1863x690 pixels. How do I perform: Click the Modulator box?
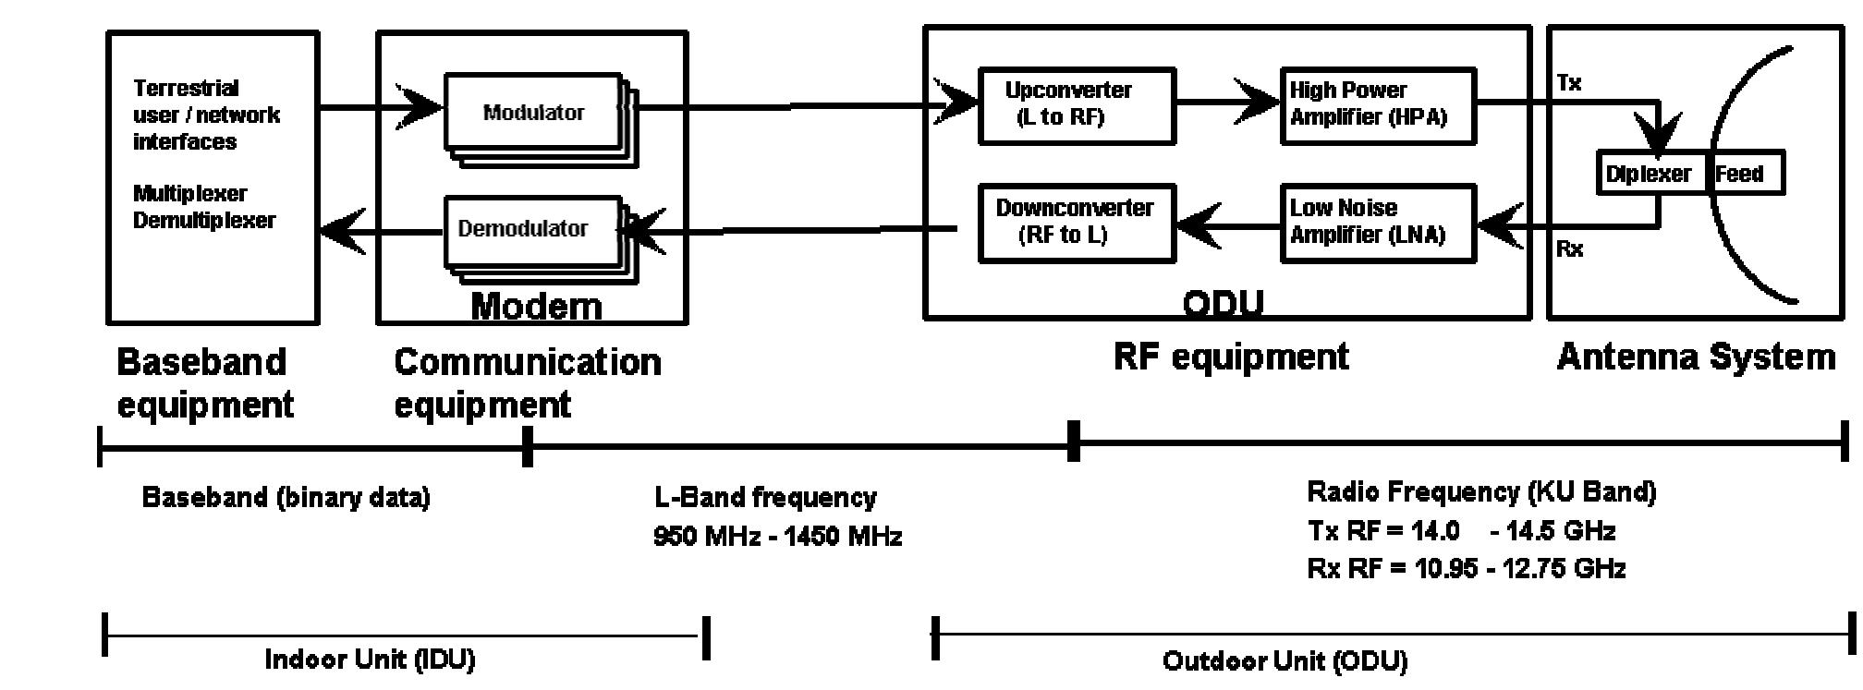tap(533, 112)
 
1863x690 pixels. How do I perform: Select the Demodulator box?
tap(524, 228)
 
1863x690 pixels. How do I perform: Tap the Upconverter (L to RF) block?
tap(1076, 104)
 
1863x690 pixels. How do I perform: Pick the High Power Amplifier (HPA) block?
tap(1376, 104)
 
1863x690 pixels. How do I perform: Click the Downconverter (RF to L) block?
tap(1076, 223)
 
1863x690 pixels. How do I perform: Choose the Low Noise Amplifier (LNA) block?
tap(1376, 223)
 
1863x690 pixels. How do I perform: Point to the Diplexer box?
tap(1650, 174)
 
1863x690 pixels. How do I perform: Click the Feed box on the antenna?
tap(1743, 174)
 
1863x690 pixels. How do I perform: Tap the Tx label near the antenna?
tap(1569, 83)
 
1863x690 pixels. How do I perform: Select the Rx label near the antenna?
tap(1569, 248)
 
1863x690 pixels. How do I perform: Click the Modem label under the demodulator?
tap(536, 306)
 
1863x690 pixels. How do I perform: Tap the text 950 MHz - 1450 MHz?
tap(777, 536)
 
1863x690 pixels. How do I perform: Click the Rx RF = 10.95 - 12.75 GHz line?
tap(1466, 568)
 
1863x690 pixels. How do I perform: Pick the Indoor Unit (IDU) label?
tap(370, 660)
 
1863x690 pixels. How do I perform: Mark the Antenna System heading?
tap(1696, 357)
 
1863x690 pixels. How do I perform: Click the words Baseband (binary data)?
tap(286, 498)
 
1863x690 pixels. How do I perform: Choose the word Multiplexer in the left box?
tap(190, 194)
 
